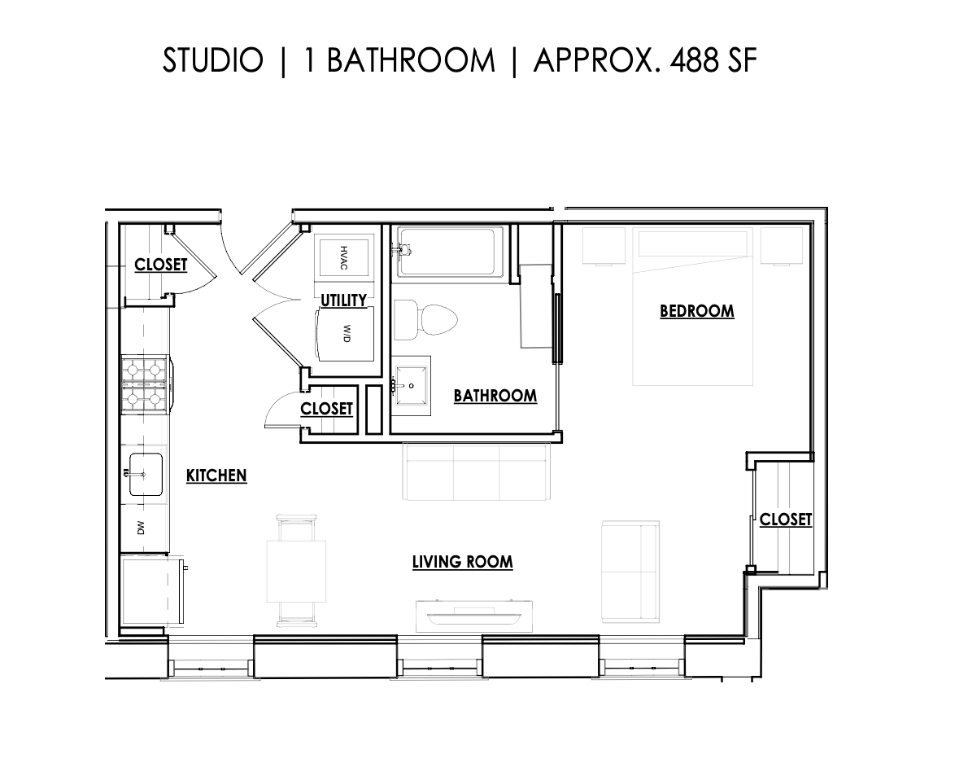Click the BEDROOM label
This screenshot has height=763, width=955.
[696, 311]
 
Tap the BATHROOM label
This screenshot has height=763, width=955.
[495, 396]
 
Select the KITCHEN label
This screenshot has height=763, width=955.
[216, 476]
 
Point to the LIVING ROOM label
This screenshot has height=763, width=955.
[462, 562]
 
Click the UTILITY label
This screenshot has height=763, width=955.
[343, 300]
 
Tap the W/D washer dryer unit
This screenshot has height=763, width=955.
[345, 333]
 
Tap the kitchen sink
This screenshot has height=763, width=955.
[145, 472]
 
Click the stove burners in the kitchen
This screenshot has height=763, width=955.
[145, 385]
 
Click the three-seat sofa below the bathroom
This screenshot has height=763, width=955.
[475, 472]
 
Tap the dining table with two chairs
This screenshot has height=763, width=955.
[296, 570]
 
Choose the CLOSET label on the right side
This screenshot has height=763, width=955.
[785, 520]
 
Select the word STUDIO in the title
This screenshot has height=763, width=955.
[213, 61]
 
